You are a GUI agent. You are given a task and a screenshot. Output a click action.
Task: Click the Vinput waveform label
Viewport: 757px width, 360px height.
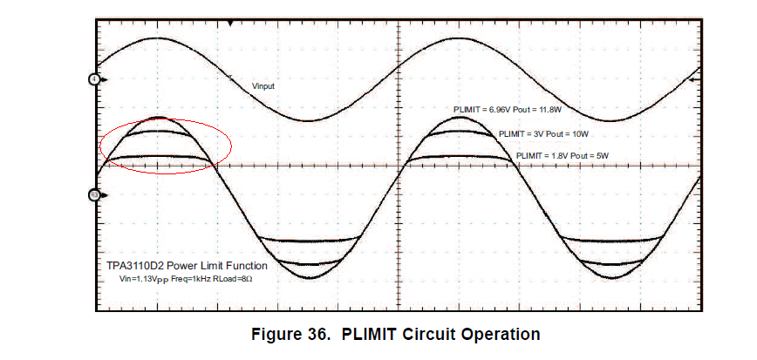[x=264, y=85]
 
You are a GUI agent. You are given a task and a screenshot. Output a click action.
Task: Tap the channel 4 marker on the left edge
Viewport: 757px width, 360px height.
[x=94, y=79]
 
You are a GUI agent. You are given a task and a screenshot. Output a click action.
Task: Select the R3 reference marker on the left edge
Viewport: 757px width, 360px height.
[x=94, y=194]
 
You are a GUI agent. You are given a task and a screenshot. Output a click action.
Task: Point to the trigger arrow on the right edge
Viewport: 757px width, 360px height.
[x=695, y=79]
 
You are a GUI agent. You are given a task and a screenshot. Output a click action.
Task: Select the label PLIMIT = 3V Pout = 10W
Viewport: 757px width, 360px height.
[x=543, y=134]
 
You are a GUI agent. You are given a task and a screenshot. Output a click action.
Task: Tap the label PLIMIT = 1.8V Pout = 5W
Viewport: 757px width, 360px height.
[x=562, y=155]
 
